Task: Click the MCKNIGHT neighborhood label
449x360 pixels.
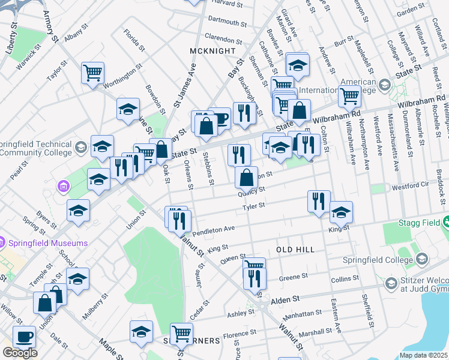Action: point(210,51)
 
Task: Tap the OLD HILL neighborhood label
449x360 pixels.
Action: point(295,248)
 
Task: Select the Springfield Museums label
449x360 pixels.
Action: point(48,243)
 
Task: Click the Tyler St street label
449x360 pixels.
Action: point(253,208)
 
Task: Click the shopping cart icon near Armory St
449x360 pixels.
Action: point(93,73)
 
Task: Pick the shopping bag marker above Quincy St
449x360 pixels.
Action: point(246,178)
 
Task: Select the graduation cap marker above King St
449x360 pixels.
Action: point(341,212)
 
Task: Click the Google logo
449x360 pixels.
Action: point(20,352)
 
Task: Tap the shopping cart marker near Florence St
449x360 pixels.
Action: point(181,334)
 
